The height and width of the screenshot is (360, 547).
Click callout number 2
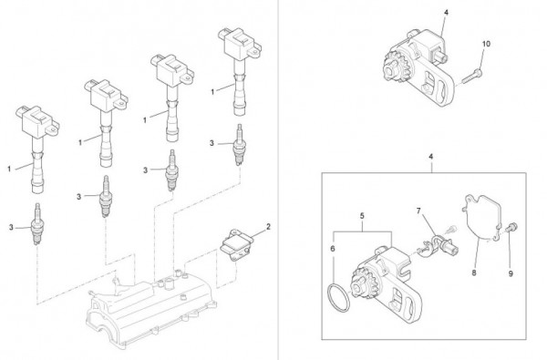[x=268, y=227]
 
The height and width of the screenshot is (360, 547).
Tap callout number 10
[x=486, y=44]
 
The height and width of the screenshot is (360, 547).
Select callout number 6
[x=333, y=249]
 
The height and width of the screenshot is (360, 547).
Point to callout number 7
[x=418, y=211]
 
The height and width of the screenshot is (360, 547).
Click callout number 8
[x=474, y=273]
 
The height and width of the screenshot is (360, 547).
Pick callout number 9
[x=511, y=273]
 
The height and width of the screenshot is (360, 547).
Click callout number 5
[x=362, y=216]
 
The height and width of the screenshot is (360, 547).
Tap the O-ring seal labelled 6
[x=338, y=298]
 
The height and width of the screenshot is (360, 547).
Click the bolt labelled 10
[x=472, y=76]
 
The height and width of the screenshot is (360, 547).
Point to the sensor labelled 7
[x=440, y=245]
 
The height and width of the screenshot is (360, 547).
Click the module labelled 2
[x=236, y=243]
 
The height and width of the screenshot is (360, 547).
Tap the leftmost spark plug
[x=36, y=224]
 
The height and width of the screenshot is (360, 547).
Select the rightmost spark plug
[x=239, y=144]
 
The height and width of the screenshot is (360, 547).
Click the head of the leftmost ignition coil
[x=37, y=121]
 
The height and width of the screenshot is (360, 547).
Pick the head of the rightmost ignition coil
[x=240, y=44]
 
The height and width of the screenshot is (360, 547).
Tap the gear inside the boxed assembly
[x=362, y=287]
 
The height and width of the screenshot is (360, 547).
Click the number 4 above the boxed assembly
[x=431, y=157]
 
